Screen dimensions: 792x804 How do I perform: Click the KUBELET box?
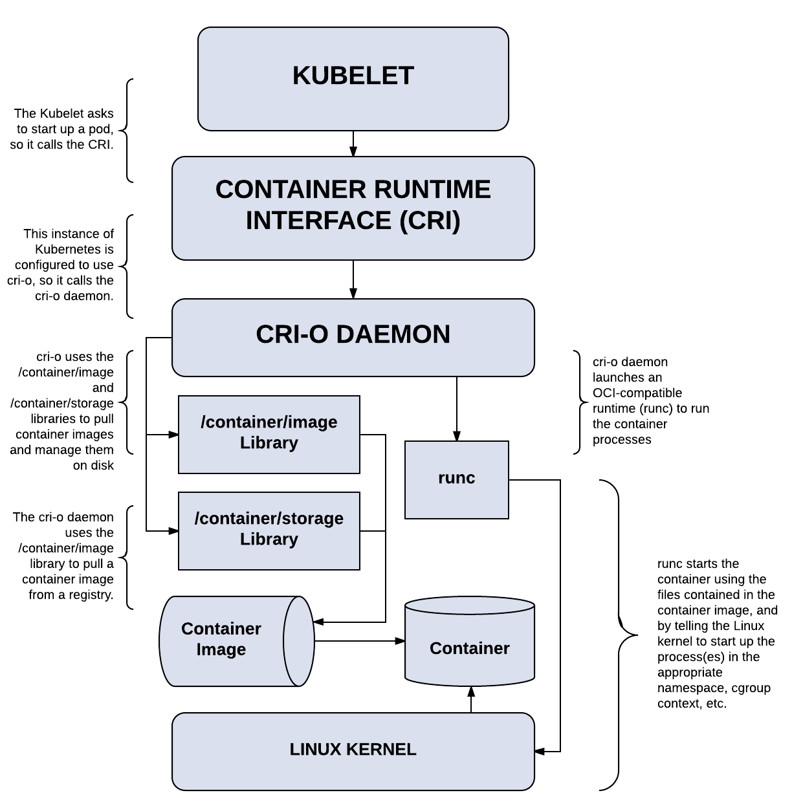point(353,79)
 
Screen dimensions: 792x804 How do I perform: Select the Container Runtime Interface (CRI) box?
point(353,208)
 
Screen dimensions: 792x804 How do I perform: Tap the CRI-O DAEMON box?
point(353,337)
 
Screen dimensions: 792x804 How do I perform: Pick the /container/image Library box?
point(269,434)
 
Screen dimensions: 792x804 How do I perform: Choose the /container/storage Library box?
point(269,530)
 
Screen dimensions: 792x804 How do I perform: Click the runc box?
point(456,480)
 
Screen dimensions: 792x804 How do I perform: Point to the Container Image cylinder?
point(236,641)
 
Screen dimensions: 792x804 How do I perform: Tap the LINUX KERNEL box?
point(353,752)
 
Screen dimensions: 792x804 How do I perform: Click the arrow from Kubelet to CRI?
point(353,144)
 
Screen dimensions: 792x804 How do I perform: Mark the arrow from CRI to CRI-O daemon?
point(353,279)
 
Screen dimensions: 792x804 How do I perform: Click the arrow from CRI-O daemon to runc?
point(456,408)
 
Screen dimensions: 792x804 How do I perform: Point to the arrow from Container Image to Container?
point(360,641)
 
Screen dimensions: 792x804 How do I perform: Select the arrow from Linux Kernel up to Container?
point(471,700)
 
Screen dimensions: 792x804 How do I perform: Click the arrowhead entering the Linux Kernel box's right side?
point(539,752)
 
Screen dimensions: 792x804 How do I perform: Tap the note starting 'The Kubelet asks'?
point(61,129)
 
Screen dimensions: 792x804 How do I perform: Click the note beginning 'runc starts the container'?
point(717,633)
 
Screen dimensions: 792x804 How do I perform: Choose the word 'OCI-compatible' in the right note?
point(637,393)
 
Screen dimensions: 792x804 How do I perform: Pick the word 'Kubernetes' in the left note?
point(74,249)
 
